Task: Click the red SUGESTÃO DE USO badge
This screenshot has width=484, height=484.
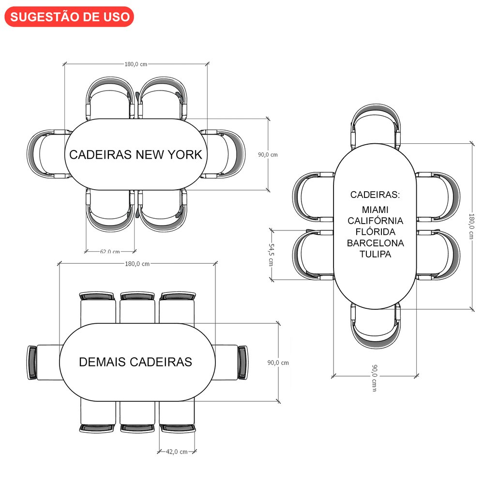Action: (x=69, y=16)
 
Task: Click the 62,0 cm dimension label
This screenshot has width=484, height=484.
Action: (x=110, y=251)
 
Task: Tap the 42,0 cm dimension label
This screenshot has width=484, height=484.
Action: (x=177, y=452)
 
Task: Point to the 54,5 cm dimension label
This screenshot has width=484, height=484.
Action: (x=272, y=254)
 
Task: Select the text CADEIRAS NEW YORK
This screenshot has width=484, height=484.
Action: (x=136, y=154)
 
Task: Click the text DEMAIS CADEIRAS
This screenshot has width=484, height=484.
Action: (x=136, y=362)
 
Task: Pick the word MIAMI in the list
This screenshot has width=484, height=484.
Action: (x=375, y=210)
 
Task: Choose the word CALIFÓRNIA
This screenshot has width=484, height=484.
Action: (x=375, y=221)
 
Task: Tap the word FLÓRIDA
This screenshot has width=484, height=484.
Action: (x=375, y=232)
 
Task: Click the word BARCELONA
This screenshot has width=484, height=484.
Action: (x=375, y=243)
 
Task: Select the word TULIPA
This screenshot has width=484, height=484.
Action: (x=375, y=254)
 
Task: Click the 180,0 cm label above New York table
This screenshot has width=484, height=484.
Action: (x=136, y=64)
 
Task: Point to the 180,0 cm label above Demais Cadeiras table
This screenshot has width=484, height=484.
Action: (x=137, y=264)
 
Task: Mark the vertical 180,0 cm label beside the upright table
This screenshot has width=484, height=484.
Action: (x=472, y=226)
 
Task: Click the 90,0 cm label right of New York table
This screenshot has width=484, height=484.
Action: (x=268, y=154)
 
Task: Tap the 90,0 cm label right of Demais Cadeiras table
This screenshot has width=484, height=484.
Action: (x=278, y=362)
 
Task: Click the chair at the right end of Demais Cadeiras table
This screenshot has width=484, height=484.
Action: (x=232, y=362)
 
